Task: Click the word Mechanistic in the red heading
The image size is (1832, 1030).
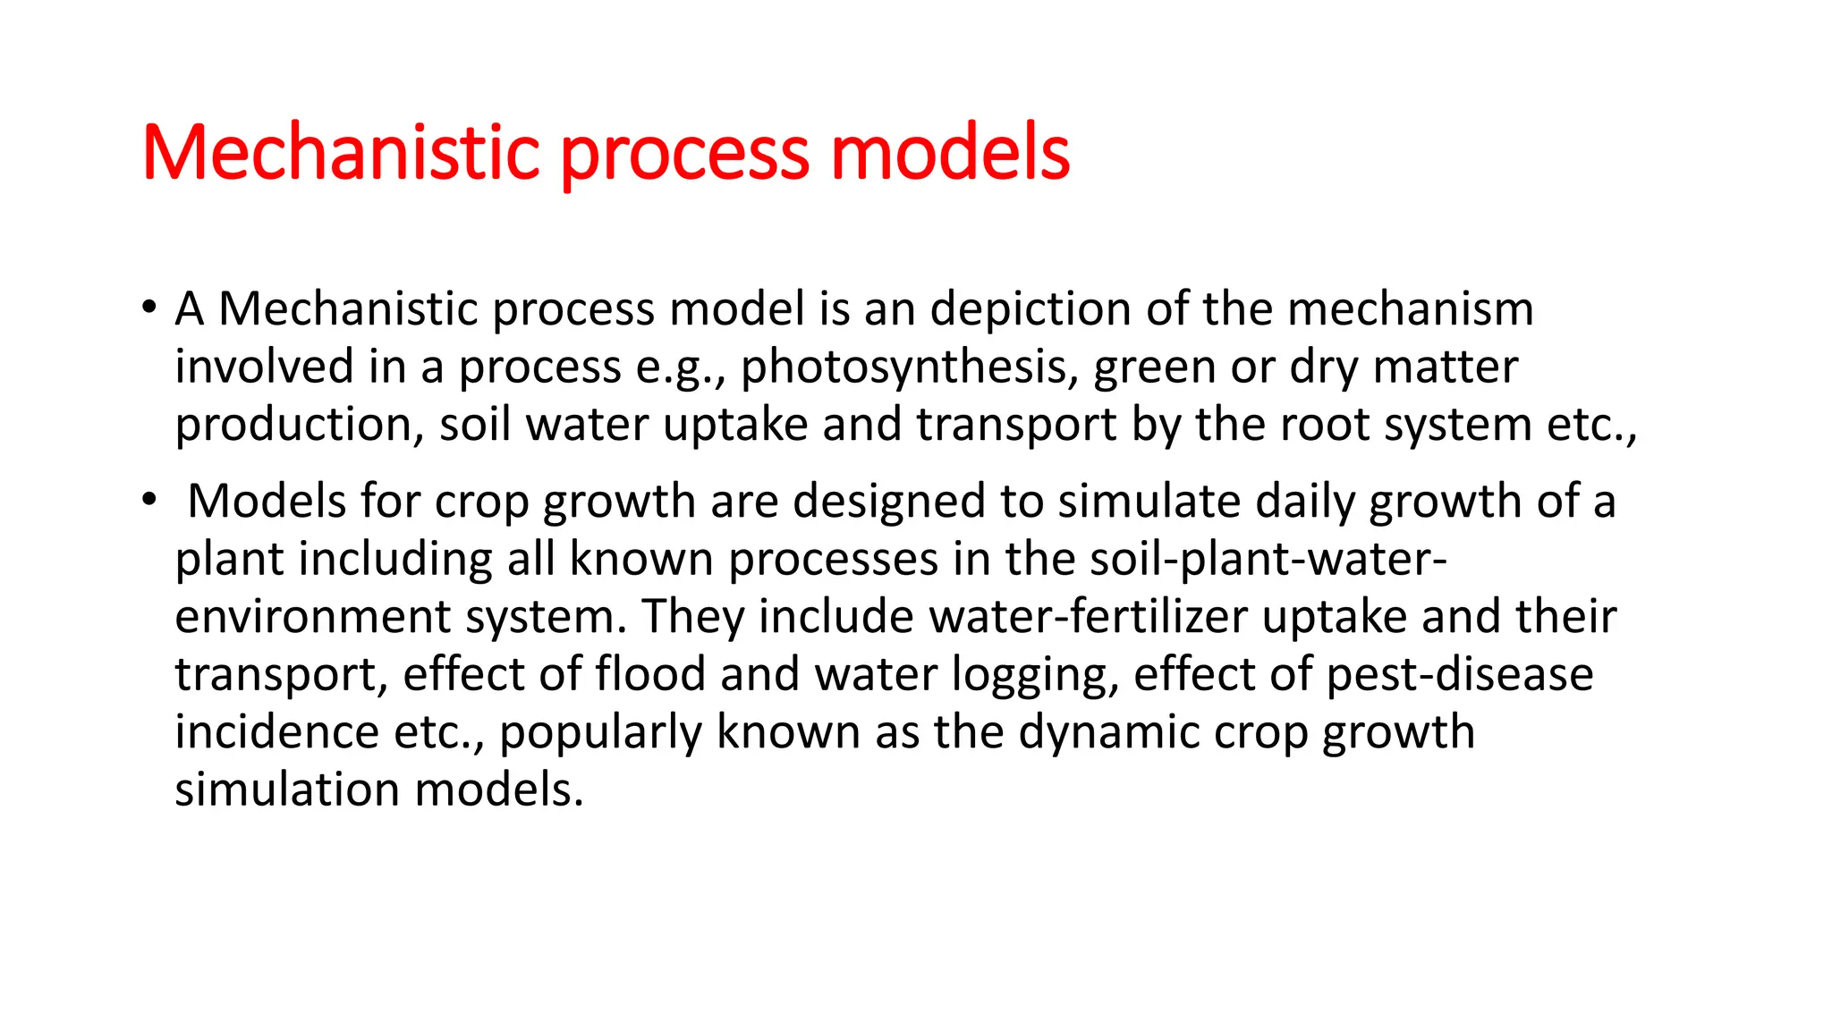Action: click(341, 153)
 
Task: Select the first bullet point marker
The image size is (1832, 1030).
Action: click(149, 308)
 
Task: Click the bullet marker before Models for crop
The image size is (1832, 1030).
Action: click(149, 501)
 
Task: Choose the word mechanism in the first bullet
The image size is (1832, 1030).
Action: click(1411, 309)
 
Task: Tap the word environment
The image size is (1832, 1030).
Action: click(312, 617)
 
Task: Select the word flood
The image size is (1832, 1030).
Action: click(651, 674)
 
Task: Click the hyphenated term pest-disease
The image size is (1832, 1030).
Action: click(1460, 674)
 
